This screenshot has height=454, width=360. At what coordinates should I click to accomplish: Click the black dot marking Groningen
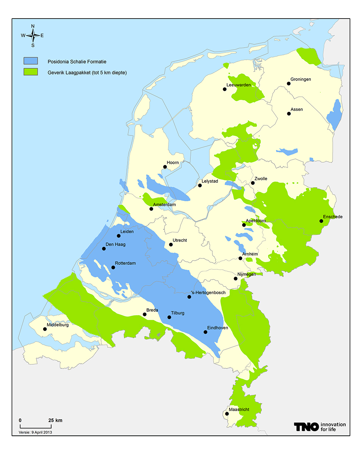click(288, 84)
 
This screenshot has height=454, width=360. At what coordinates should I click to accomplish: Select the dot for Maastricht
click(227, 414)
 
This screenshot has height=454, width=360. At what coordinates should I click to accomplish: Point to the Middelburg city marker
click(45, 329)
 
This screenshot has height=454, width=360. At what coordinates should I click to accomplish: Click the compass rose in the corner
click(33, 36)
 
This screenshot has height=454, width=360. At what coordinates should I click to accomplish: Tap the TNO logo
click(306, 427)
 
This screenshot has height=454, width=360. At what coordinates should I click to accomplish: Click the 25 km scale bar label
click(55, 420)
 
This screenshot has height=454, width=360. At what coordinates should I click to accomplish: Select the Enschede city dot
click(321, 221)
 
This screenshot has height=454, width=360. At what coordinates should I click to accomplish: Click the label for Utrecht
click(180, 240)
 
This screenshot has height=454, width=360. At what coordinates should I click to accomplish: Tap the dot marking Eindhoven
click(206, 332)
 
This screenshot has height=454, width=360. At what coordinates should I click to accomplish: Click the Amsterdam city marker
click(151, 209)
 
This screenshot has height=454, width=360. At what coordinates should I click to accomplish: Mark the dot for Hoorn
click(165, 167)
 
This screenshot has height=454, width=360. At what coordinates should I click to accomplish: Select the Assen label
click(297, 109)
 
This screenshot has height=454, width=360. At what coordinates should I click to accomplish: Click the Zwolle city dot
click(253, 183)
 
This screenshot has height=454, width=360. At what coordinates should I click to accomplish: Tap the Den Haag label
click(115, 244)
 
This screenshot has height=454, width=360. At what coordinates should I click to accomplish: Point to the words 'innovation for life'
click(333, 427)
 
